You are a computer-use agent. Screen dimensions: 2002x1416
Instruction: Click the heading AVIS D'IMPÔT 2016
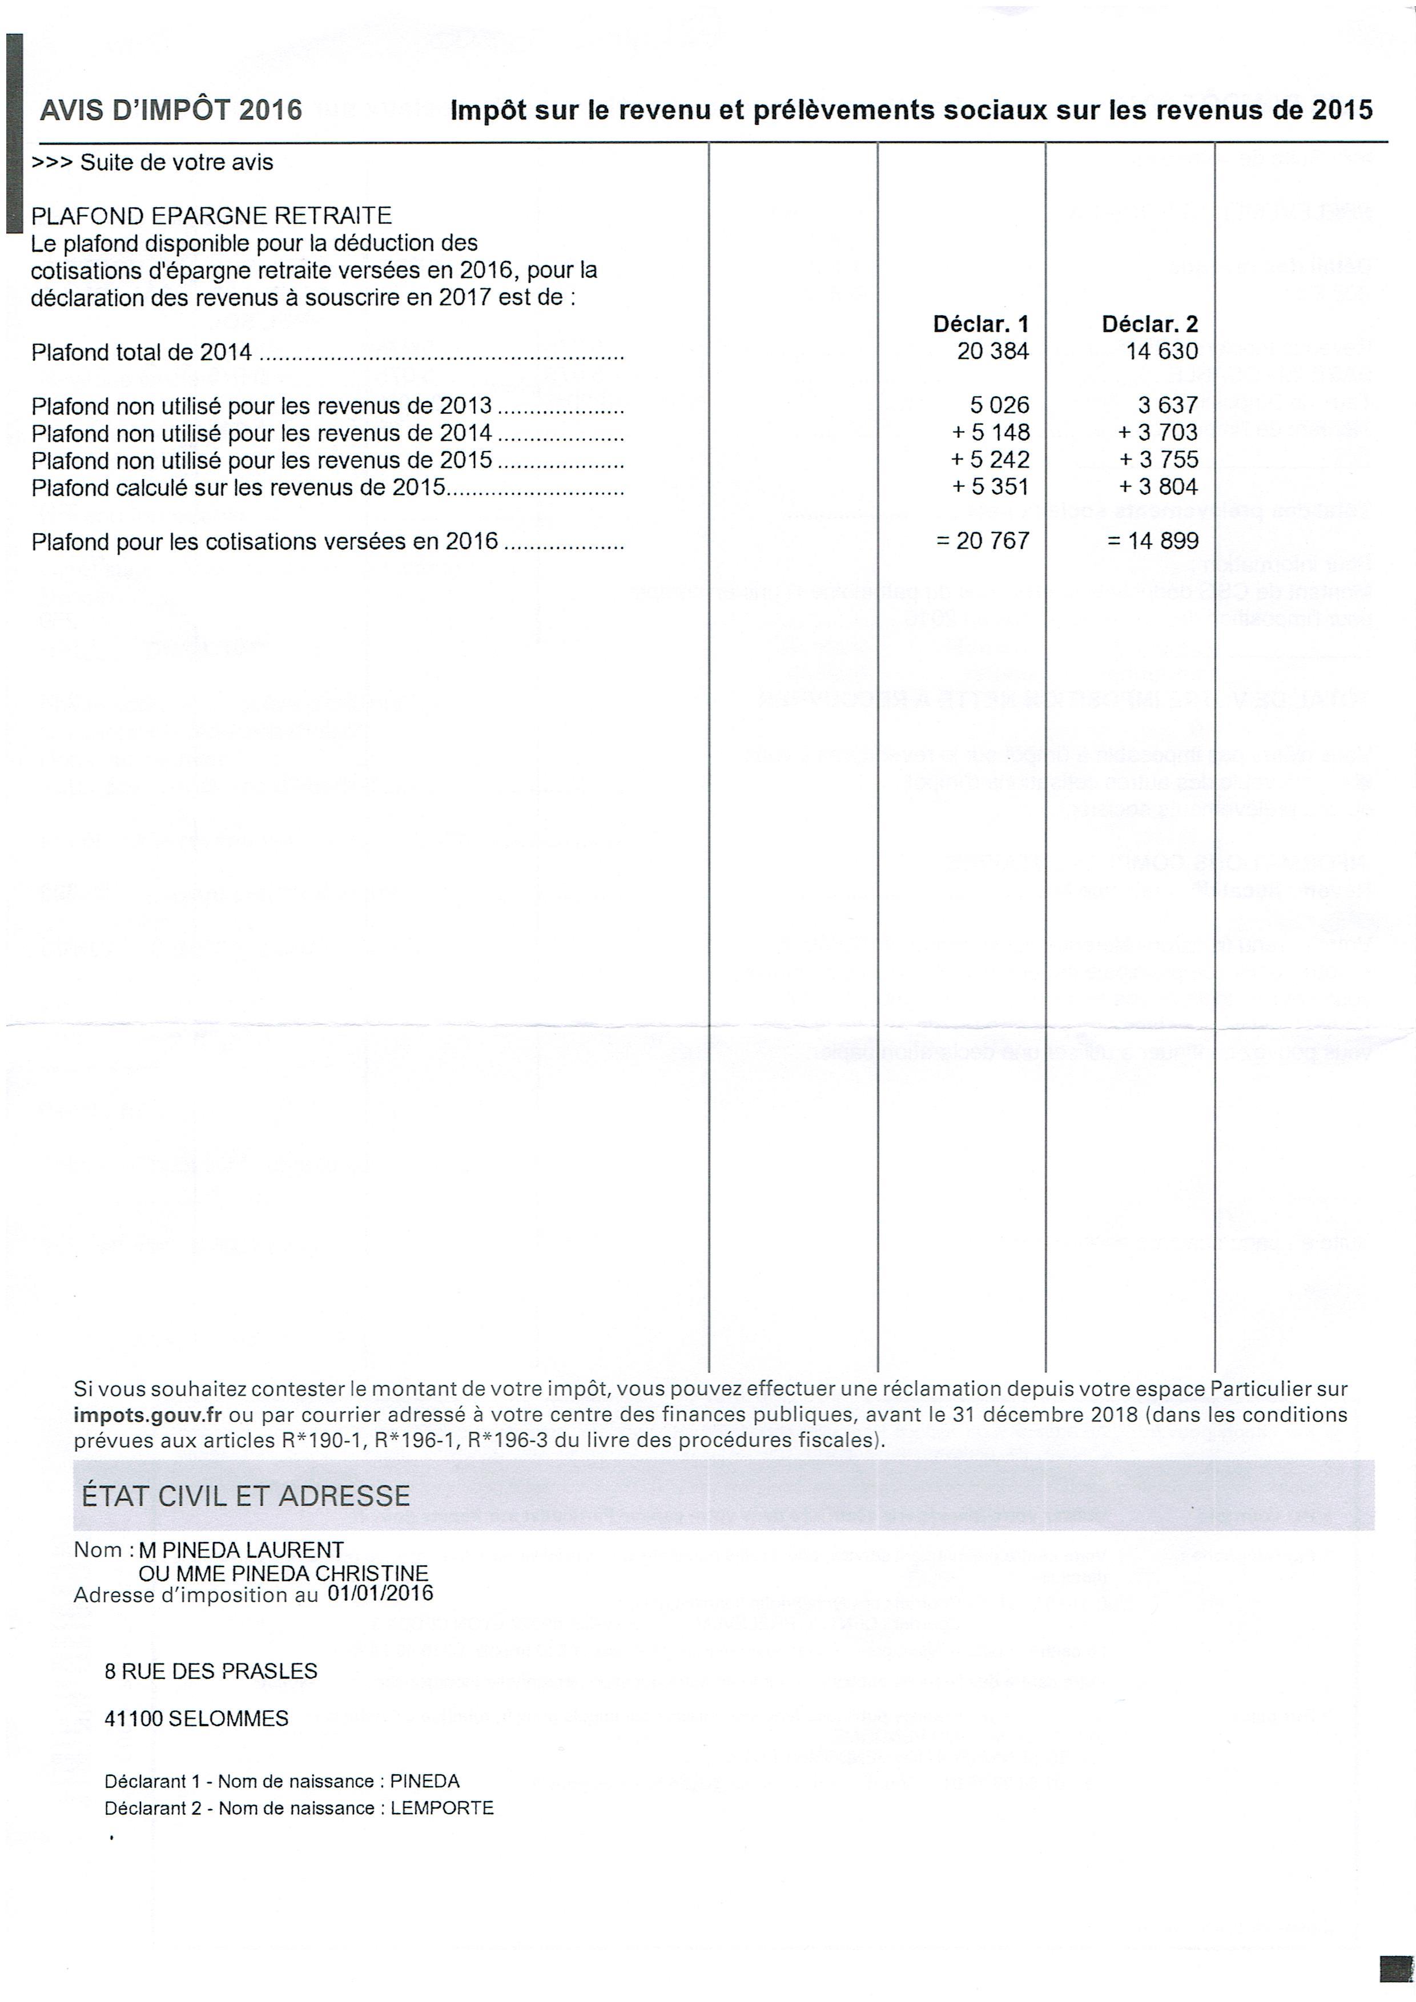171,110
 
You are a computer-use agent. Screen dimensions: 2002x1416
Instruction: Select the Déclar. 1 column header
981,324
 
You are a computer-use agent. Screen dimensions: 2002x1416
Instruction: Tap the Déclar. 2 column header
1149,324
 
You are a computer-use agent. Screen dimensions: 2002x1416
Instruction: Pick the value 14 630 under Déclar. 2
1162,352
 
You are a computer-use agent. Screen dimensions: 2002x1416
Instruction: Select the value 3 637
1168,405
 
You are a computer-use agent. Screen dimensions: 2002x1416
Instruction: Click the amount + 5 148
991,433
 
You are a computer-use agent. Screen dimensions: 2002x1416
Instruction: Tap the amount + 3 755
1159,460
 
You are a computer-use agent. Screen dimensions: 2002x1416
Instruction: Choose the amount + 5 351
991,486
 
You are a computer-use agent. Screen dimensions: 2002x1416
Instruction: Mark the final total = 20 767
983,542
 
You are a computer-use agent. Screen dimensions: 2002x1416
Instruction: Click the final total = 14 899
1153,542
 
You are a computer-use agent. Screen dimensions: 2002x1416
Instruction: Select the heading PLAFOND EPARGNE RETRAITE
212,215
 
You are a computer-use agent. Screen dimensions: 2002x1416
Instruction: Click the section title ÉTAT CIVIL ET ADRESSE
246,1496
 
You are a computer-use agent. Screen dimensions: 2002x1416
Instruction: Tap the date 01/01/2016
380,1593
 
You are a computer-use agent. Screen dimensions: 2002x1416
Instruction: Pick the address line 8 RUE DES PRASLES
211,1671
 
